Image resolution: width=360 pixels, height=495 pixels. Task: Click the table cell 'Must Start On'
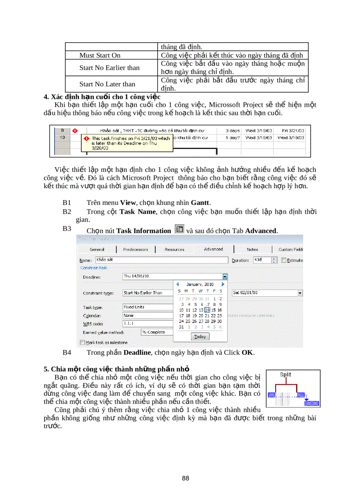pos(100,56)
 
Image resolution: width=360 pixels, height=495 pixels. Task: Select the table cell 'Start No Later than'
pos(107,84)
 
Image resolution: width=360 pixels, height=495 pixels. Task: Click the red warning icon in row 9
pos(75,131)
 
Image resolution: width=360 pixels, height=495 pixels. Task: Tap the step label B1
pos(67,203)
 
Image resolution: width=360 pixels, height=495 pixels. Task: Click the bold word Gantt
pos(200,203)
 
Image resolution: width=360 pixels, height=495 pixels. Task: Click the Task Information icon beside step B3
pos(179,229)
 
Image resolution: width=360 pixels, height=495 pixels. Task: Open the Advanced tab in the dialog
pos(213,249)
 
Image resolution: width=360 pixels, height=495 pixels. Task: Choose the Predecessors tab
pos(135,249)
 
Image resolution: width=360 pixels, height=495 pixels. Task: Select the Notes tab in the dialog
pos(252,249)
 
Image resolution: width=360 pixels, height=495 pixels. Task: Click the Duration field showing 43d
pos(262,260)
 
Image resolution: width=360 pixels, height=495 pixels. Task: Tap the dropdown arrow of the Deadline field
pos(225,276)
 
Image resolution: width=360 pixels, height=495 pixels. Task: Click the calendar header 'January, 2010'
pos(200,284)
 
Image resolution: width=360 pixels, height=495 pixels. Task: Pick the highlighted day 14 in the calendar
pos(207,310)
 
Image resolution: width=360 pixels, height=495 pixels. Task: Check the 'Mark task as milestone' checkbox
pos(82,342)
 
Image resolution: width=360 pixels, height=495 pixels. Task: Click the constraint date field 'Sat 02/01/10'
pos(265,293)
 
